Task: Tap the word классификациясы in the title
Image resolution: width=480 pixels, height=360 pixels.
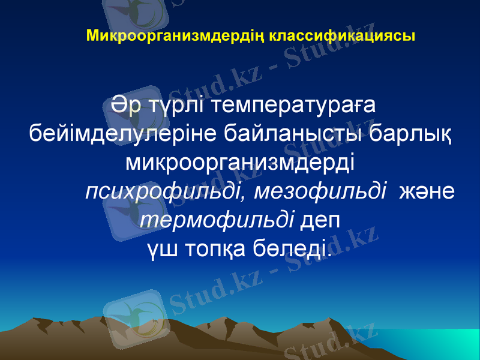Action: coord(342,35)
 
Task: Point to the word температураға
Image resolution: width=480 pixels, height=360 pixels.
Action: coord(295,106)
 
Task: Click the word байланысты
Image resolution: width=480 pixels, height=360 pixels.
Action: coord(292,133)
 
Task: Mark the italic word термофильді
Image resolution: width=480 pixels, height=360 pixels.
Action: coord(217,219)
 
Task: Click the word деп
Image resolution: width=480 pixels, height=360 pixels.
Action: coord(320,220)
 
